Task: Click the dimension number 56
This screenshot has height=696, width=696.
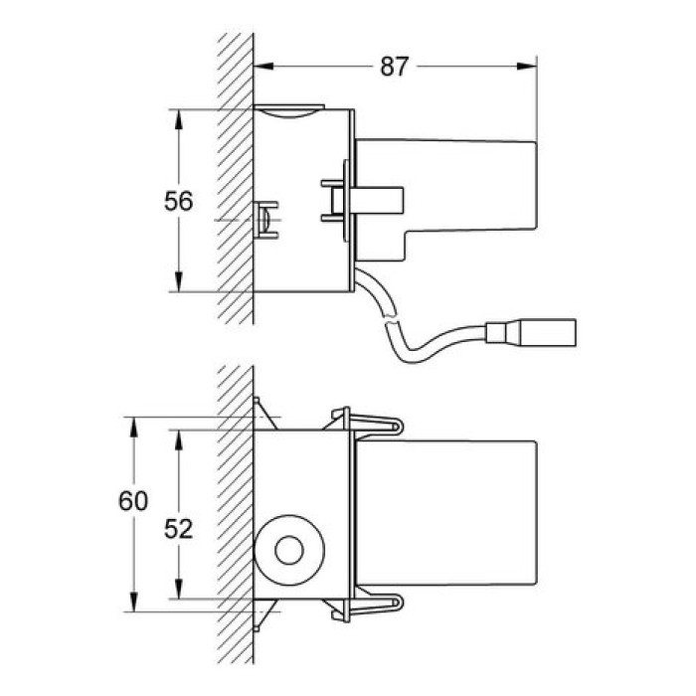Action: [x=178, y=201]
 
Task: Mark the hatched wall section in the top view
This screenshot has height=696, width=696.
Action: [x=236, y=179]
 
